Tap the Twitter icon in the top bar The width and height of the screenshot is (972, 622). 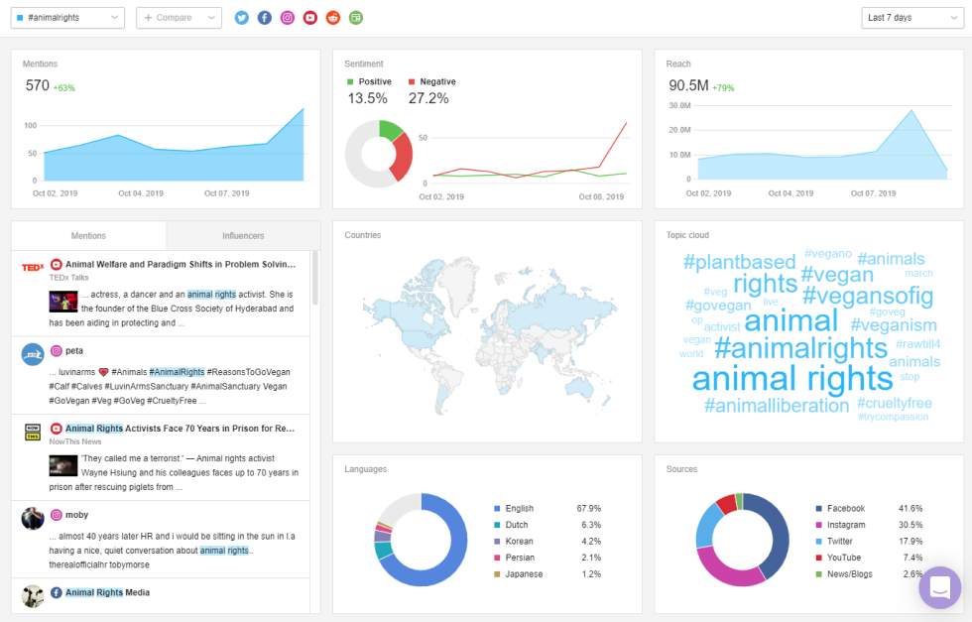tap(242, 18)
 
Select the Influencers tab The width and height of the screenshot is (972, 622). tap(243, 236)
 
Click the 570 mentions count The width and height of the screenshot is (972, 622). tap(38, 85)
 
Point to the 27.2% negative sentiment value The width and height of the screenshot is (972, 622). tap(428, 98)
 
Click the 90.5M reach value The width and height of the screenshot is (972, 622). tap(688, 85)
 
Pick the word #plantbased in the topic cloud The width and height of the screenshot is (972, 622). tap(739, 262)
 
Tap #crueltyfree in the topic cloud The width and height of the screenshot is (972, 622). tap(894, 404)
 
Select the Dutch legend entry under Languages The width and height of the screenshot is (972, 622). tap(517, 525)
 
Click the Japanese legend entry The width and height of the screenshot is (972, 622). tap(524, 574)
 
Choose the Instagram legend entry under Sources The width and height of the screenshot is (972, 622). tap(846, 525)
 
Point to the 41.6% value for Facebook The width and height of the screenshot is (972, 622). tap(911, 508)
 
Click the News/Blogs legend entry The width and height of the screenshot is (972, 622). tap(849, 574)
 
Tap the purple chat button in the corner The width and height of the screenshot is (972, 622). tap(939, 587)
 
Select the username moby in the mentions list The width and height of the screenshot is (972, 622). tap(75, 515)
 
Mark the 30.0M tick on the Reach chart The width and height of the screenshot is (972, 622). tap(679, 105)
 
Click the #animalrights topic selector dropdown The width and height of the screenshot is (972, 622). tap(69, 18)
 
